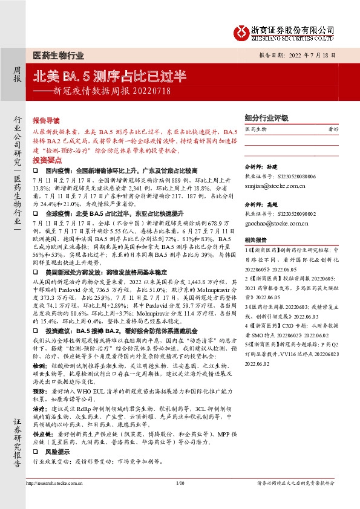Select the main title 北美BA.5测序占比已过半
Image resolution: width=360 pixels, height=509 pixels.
point(108,77)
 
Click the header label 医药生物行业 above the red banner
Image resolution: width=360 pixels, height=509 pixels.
point(59,54)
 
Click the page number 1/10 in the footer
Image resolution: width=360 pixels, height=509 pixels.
point(180,499)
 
